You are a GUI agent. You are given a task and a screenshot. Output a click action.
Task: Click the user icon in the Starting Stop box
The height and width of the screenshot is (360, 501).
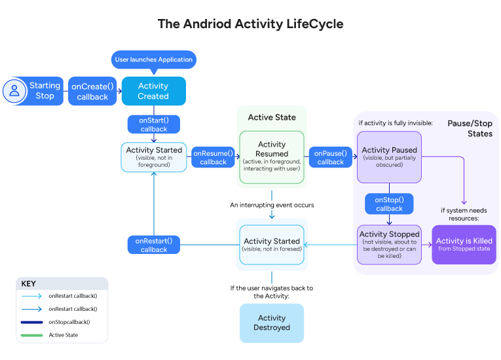(x=14, y=91)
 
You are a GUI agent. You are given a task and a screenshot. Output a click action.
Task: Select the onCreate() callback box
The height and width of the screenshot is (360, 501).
(x=92, y=91)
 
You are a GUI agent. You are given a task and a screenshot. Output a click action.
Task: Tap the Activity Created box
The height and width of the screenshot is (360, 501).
(x=153, y=91)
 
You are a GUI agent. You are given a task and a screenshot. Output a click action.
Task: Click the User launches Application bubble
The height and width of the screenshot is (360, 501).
(x=154, y=60)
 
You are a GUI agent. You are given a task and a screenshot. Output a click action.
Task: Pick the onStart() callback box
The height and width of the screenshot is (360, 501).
(x=154, y=124)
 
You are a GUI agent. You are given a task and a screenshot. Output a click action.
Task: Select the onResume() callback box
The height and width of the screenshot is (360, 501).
(x=213, y=157)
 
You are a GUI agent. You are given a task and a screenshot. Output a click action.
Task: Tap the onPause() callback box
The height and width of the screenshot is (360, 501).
(x=331, y=157)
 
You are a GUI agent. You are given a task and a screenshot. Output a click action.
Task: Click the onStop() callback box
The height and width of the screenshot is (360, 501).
(x=390, y=204)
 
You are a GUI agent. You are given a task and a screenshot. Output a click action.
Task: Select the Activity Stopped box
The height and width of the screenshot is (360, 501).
(x=390, y=244)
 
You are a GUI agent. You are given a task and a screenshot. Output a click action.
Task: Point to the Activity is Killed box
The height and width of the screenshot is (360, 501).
(x=464, y=244)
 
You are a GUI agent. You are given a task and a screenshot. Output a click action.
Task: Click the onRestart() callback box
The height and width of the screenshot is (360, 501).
(x=154, y=245)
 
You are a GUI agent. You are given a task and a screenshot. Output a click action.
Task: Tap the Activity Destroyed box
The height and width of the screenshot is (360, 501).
(x=272, y=323)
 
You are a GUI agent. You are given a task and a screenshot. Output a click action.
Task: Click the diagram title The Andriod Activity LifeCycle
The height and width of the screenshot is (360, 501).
(x=250, y=24)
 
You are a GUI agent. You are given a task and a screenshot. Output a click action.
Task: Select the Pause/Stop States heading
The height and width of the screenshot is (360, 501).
(x=470, y=128)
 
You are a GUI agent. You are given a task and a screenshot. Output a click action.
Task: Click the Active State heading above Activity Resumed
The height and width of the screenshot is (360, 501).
(x=272, y=117)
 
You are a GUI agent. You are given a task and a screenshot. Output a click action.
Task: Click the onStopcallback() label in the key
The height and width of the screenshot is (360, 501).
(x=69, y=322)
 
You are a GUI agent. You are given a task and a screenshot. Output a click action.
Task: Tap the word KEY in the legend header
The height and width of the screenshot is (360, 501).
(x=29, y=283)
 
